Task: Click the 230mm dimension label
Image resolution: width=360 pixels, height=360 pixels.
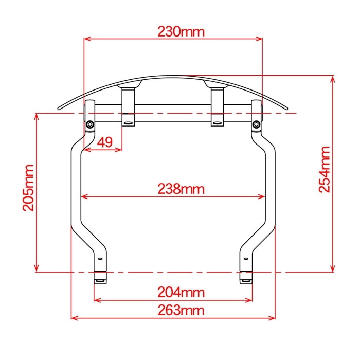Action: pyautogui.click(x=181, y=32)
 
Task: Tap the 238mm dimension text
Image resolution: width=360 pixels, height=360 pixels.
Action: pyautogui.click(x=181, y=189)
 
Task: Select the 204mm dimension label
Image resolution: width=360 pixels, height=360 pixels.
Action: pyautogui.click(x=181, y=293)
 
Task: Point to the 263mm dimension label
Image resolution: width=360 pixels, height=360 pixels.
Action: pyautogui.click(x=181, y=311)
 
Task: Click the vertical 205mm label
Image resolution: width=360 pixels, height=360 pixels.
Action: pyautogui.click(x=28, y=188)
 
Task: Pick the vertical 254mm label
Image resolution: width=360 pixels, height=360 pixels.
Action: pyautogui.click(x=325, y=169)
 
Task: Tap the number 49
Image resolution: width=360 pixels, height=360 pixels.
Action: pyautogui.click(x=105, y=142)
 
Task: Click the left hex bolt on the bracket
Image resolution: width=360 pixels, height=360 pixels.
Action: pyautogui.click(x=90, y=124)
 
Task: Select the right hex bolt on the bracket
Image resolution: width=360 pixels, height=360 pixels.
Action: pyautogui.click(x=256, y=124)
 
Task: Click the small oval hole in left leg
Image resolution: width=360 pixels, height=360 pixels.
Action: pyautogui.click(x=100, y=259)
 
